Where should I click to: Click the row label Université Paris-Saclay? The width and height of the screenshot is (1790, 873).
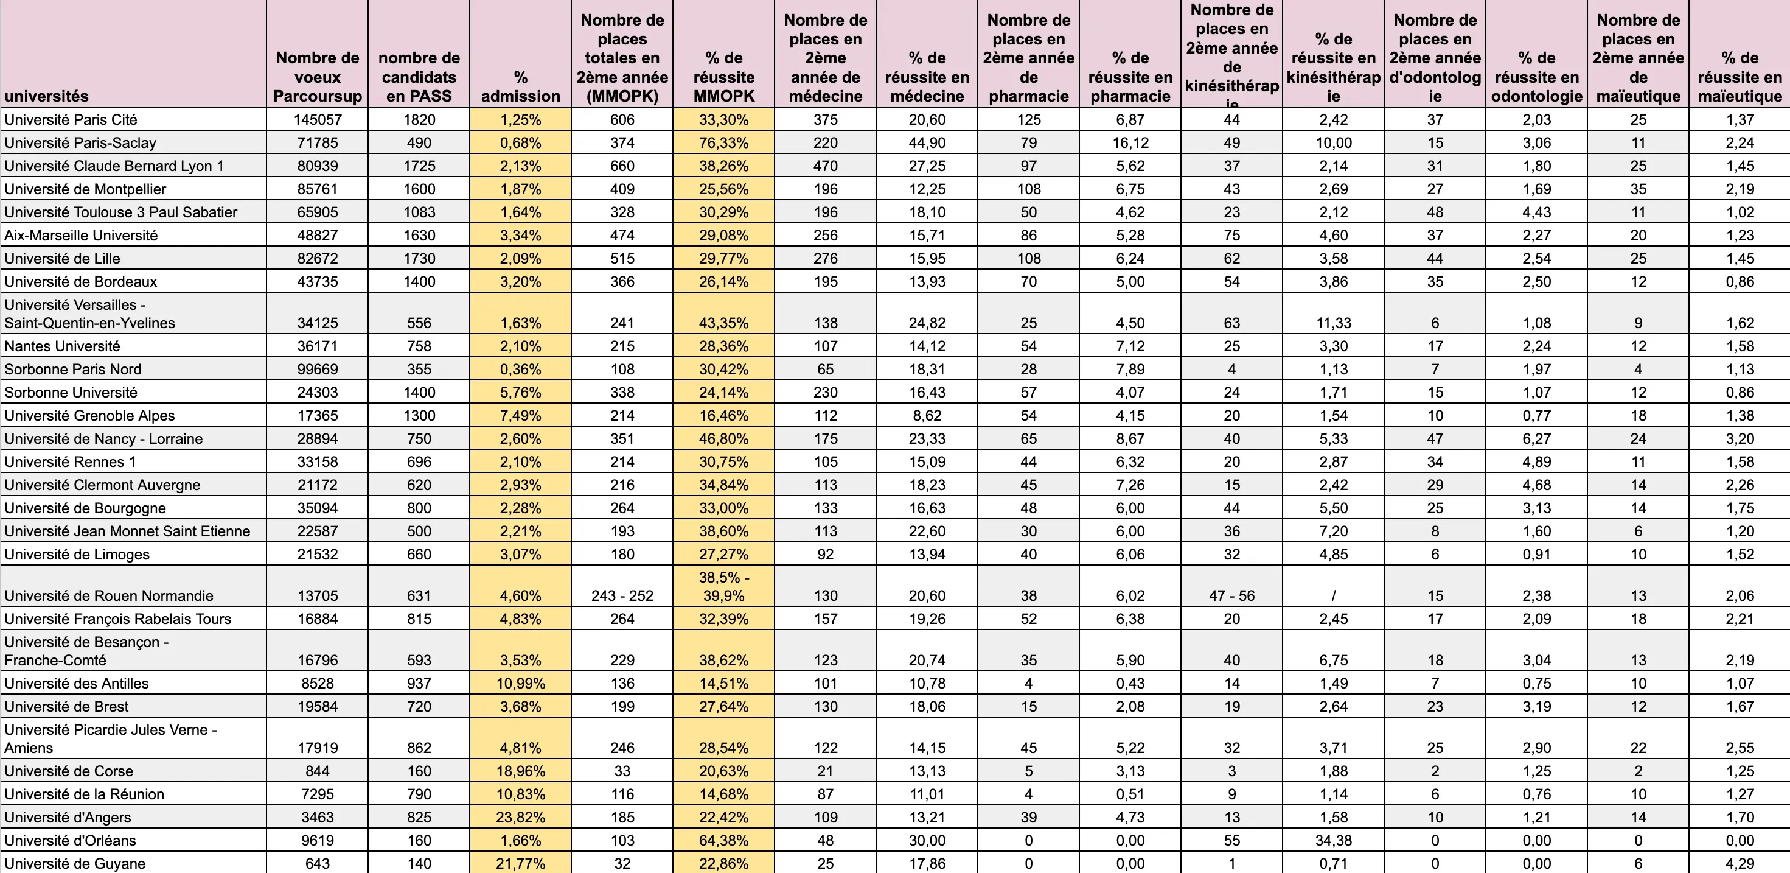[80, 142]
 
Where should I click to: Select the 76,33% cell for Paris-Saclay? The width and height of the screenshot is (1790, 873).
[723, 142]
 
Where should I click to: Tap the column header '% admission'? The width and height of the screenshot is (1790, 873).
[520, 86]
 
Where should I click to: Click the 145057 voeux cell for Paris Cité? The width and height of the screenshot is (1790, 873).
[318, 119]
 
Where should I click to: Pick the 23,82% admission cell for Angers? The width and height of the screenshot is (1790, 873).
[520, 818]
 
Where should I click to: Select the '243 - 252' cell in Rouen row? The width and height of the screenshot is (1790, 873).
[622, 595]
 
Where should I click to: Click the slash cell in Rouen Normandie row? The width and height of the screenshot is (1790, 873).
[1333, 595]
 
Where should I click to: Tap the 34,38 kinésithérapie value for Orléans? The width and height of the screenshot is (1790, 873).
[1333, 840]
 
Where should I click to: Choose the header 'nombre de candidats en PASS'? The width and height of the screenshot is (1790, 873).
[419, 77]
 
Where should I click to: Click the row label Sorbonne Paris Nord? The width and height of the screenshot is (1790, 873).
[73, 369]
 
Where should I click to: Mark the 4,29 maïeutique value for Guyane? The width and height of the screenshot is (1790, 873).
[1740, 863]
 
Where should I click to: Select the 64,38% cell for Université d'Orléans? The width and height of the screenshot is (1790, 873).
[723, 840]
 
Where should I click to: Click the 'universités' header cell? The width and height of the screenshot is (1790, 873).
[47, 96]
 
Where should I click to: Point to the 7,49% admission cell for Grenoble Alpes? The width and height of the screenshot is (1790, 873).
[520, 416]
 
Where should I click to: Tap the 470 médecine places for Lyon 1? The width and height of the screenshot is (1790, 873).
[825, 166]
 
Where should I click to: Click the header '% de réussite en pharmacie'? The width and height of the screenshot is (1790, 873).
[1130, 77]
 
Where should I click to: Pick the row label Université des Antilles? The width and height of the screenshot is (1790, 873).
[77, 683]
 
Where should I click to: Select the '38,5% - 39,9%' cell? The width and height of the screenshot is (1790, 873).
[723, 587]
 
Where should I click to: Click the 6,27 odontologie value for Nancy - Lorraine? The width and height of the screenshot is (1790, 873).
[1536, 438]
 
